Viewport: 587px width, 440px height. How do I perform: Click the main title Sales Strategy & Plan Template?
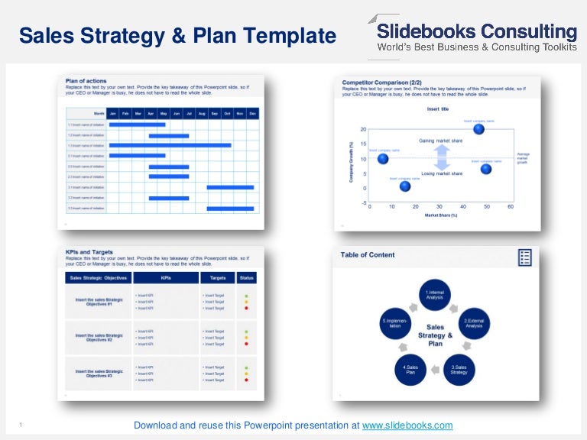click(x=177, y=36)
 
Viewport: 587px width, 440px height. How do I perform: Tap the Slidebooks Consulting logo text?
click(x=478, y=31)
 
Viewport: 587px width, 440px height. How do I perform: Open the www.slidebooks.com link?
click(x=407, y=425)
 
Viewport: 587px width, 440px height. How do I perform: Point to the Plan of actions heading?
click(x=86, y=81)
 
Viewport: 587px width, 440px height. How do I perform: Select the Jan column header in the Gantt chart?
click(x=113, y=113)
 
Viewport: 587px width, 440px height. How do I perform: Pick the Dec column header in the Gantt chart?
click(x=252, y=113)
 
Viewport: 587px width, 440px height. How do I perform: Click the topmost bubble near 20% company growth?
click(x=478, y=129)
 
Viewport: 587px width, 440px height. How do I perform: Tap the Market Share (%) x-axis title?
click(x=440, y=215)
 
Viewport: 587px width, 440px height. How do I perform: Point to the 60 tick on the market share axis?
click(x=510, y=207)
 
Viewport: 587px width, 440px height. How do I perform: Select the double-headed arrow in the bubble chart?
click(x=441, y=157)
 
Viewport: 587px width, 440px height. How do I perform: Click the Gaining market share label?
click(x=441, y=141)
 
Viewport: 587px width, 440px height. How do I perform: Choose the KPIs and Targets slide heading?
click(x=89, y=252)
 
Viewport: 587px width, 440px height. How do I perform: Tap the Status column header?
click(x=246, y=278)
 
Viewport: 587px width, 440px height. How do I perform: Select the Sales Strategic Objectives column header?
click(x=99, y=278)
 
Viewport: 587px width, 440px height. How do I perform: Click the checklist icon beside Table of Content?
click(x=524, y=257)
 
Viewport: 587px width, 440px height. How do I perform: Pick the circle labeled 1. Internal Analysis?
click(x=434, y=295)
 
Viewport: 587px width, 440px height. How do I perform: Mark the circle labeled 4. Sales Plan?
click(x=410, y=370)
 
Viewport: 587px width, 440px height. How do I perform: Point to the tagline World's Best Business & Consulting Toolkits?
click(x=477, y=48)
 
